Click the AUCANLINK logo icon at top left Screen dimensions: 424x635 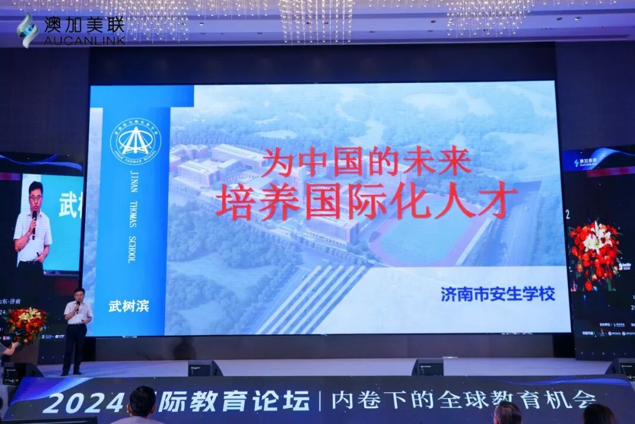pos(27,30)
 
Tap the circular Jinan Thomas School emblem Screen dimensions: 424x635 pos(135,142)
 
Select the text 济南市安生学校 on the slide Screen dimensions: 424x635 pos(497,294)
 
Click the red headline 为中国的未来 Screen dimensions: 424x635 pos(366,161)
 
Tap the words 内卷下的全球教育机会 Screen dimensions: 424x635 pos(463,400)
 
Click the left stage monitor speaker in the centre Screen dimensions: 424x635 pos(204,368)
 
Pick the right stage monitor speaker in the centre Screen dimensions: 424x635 pos(427,367)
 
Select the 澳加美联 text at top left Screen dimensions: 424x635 pos(84,25)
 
